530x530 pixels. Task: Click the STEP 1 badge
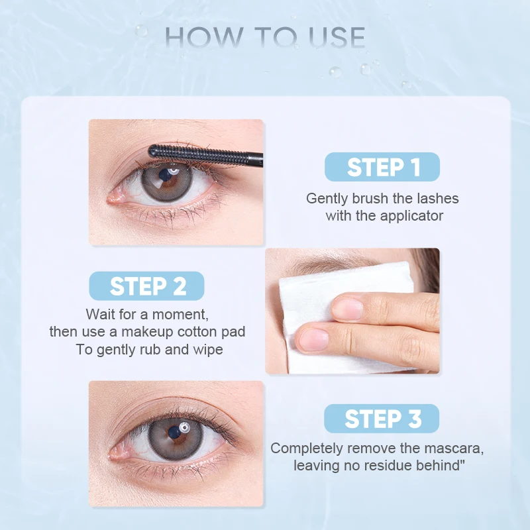382,167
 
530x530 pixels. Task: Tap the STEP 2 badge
147,286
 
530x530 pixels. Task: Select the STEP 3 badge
382,419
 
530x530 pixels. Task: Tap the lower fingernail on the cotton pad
312,340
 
